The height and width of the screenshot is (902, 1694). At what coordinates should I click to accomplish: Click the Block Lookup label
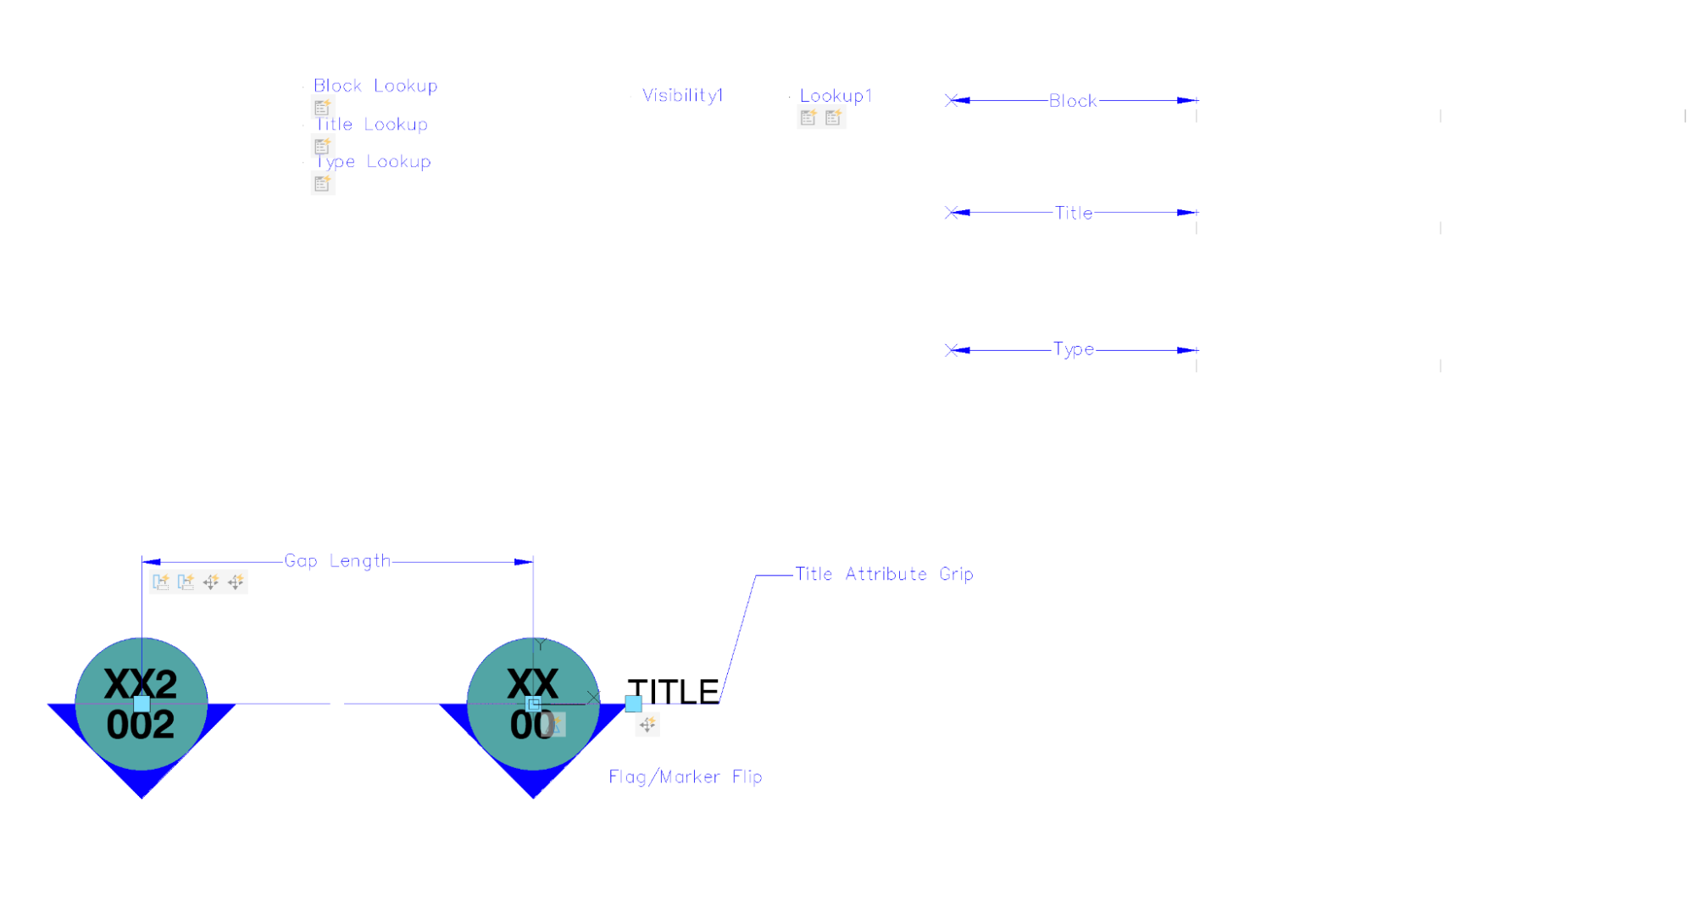click(375, 86)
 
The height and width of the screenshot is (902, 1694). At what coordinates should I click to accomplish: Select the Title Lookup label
click(371, 124)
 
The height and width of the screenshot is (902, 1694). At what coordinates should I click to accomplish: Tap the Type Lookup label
click(373, 161)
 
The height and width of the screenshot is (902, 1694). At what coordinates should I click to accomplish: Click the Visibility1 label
click(682, 95)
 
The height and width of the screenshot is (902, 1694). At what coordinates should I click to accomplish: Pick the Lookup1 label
click(836, 96)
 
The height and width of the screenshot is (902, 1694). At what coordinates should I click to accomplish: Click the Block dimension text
click(1073, 100)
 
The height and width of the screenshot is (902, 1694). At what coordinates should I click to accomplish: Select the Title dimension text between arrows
click(1073, 213)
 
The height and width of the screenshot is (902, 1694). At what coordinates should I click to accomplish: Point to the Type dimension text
click(1073, 349)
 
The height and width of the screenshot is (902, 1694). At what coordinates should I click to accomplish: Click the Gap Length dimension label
click(337, 560)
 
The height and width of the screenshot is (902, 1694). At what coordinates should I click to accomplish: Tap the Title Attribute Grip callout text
click(884, 574)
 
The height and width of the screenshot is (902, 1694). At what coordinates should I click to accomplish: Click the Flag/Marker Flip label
click(685, 777)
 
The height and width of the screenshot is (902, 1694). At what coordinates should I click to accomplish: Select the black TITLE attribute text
click(673, 692)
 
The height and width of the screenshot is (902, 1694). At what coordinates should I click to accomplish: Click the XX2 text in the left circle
click(141, 683)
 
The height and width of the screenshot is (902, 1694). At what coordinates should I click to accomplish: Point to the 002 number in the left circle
click(141, 725)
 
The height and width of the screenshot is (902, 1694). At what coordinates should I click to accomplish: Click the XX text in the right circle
click(532, 683)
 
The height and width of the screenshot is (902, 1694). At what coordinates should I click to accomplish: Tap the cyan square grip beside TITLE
click(633, 704)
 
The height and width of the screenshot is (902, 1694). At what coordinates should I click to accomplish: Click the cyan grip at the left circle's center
click(142, 704)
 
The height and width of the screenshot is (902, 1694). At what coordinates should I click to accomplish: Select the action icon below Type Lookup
click(322, 183)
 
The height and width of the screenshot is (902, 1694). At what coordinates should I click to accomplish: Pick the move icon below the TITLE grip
click(647, 725)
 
